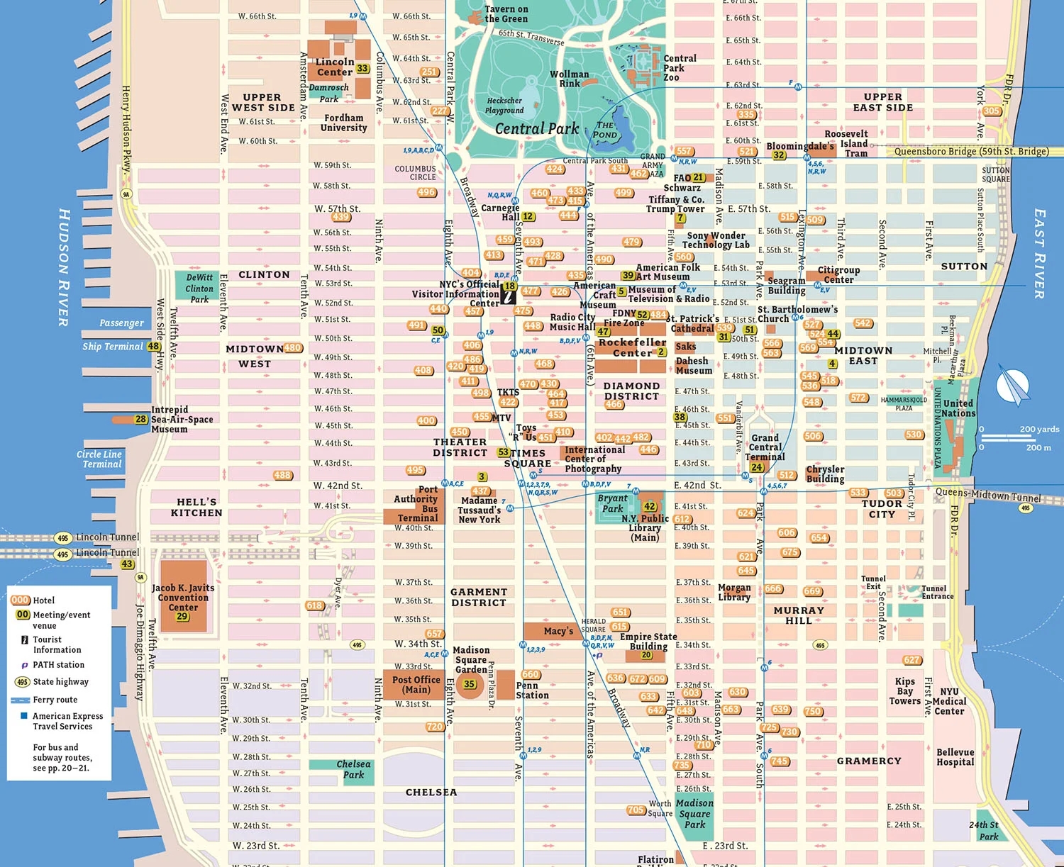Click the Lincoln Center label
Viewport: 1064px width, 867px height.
click(x=335, y=67)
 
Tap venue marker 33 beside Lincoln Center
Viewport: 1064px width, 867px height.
click(x=362, y=69)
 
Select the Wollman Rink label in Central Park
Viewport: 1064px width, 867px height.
click(x=569, y=79)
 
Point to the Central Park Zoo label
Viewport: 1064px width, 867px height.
click(x=679, y=68)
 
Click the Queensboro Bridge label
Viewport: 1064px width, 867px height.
click(x=971, y=152)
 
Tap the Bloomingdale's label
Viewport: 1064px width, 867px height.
click(x=799, y=146)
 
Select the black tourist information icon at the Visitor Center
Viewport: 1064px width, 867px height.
click(x=509, y=296)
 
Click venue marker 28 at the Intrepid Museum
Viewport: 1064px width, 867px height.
click(x=140, y=420)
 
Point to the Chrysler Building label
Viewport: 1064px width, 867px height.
click(x=825, y=474)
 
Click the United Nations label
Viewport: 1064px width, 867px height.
click(x=958, y=408)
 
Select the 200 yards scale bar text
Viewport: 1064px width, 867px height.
click(x=1039, y=429)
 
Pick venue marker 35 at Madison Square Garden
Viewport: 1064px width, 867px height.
click(x=469, y=684)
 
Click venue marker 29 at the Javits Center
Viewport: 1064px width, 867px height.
click(x=182, y=616)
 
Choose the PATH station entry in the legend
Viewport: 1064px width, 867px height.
click(x=58, y=665)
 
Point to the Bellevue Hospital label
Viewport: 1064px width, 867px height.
click(x=955, y=757)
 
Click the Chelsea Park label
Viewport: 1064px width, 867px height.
click(x=353, y=769)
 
